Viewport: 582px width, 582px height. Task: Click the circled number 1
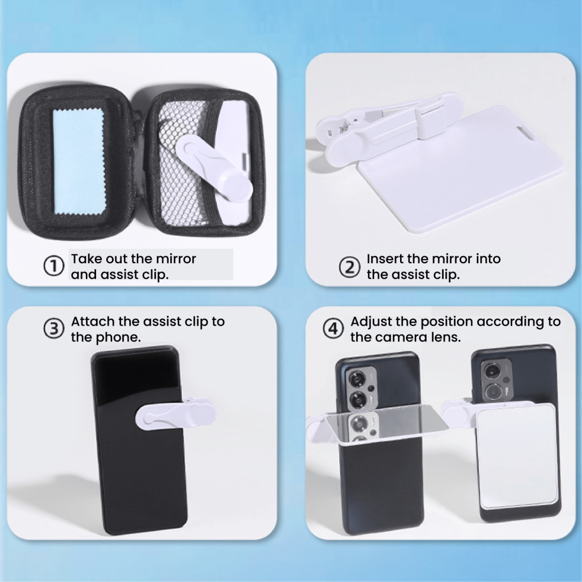(x=53, y=266)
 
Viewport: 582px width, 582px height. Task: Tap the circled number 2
(x=349, y=267)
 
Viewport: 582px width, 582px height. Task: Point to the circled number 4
(x=333, y=329)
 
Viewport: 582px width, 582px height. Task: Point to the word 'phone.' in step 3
(x=119, y=337)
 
